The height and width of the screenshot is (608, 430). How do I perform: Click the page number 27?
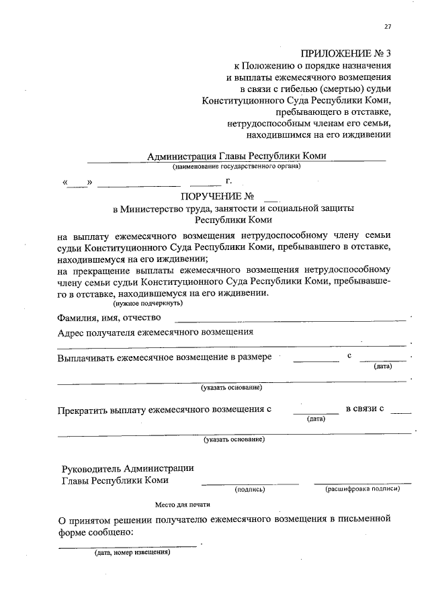pyautogui.click(x=388, y=27)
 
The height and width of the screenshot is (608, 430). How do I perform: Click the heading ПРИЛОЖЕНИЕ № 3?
pyautogui.click(x=345, y=52)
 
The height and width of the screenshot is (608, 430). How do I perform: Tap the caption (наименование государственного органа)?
pyautogui.click(x=236, y=166)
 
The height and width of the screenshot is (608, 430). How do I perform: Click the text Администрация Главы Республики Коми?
pyautogui.click(x=236, y=156)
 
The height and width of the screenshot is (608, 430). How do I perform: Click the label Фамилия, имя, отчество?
pyautogui.click(x=110, y=318)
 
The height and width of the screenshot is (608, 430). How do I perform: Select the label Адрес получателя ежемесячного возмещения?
pyautogui.click(x=155, y=332)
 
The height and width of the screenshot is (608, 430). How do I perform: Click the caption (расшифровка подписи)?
pyautogui.click(x=363, y=489)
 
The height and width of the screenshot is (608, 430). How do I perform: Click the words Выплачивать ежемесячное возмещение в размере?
pyautogui.click(x=165, y=357)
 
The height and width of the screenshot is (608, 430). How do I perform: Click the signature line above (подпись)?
pyautogui.click(x=250, y=483)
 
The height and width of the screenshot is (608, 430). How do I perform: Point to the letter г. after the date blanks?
pyautogui.click(x=229, y=181)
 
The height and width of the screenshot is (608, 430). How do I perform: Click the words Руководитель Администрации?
pyautogui.click(x=128, y=468)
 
